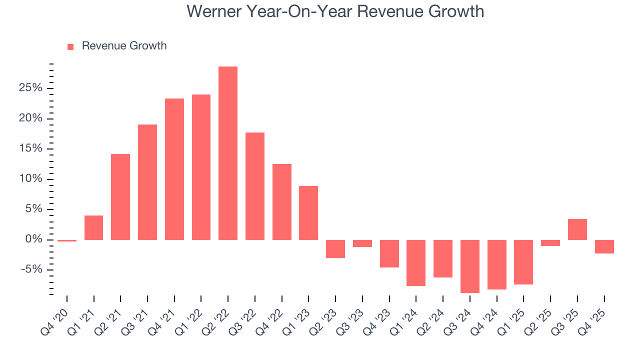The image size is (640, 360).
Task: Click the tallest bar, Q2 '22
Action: pyautogui.click(x=228, y=153)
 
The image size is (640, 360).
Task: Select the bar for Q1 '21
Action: pyautogui.click(x=93, y=227)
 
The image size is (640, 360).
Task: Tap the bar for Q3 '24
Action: pyautogui.click(x=469, y=266)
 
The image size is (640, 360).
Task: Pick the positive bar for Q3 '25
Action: pyautogui.click(x=577, y=229)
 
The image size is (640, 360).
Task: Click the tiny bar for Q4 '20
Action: pyautogui.click(x=67, y=240)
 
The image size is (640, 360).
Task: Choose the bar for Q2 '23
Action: pyautogui.click(x=335, y=248)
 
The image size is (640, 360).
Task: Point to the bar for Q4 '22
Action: pyautogui.click(x=281, y=202)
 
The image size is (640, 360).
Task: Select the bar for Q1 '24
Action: pyautogui.click(x=416, y=262)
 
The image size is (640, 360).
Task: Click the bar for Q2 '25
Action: pyautogui.click(x=550, y=243)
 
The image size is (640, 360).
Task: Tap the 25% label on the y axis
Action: pyautogui.click(x=31, y=88)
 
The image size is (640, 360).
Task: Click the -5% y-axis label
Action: pyautogui.click(x=32, y=270)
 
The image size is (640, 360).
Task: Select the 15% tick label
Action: pyautogui.click(x=31, y=149)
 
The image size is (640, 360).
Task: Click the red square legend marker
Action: pyautogui.click(x=70, y=46)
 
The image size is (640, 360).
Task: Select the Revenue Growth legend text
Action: pyautogui.click(x=124, y=46)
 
